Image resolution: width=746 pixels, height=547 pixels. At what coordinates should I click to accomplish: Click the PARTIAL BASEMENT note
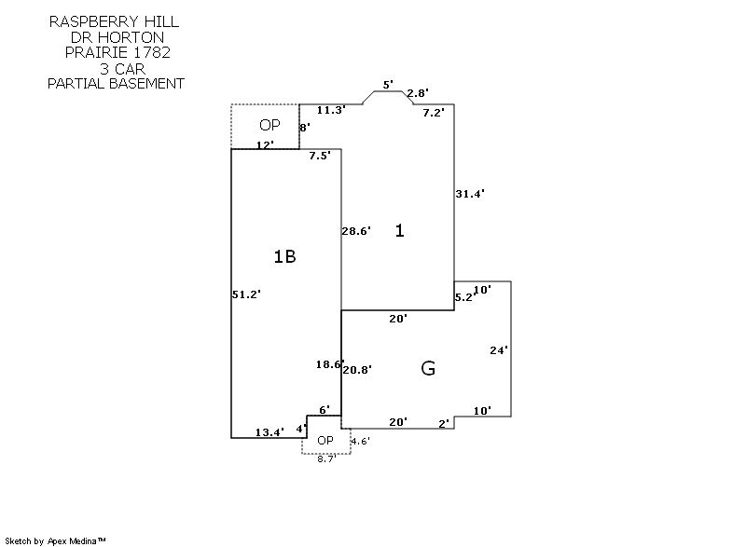(116, 83)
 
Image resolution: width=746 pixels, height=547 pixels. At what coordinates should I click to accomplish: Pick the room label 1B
(284, 256)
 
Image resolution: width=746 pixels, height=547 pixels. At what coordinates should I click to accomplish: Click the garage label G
(428, 368)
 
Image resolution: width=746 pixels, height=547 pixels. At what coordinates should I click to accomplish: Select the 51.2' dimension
(246, 294)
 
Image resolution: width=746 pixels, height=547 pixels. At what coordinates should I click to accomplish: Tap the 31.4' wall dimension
(470, 194)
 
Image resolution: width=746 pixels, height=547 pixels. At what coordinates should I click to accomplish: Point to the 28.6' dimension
(356, 231)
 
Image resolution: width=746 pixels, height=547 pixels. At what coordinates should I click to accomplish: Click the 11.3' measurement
(331, 110)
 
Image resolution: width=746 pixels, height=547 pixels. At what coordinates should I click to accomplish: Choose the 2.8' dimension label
(417, 93)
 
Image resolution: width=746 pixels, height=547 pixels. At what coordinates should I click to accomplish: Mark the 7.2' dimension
(434, 113)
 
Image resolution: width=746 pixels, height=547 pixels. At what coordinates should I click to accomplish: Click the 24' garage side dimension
(499, 350)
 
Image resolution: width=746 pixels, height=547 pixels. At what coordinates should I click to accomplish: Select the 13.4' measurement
(270, 431)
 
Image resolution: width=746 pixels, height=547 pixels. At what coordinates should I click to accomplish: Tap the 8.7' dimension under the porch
(325, 459)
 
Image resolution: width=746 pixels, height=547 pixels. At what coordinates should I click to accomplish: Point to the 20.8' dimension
(358, 370)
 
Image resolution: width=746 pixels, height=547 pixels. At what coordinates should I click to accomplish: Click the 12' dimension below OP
(265, 144)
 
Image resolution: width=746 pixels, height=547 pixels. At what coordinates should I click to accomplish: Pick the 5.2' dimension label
(463, 297)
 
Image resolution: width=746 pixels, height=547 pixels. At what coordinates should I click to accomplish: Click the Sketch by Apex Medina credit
(57, 540)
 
